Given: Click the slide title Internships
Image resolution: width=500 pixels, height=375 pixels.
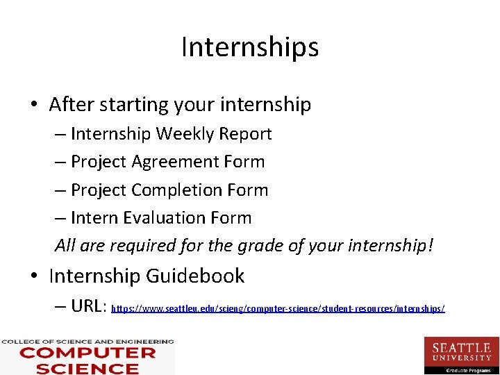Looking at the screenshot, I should click(250, 47).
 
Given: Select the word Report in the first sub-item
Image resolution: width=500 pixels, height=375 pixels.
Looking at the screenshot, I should click(248, 133).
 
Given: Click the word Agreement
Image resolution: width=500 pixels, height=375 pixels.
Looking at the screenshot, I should click(167, 162).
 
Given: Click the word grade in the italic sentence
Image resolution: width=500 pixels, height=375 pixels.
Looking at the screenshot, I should click(258, 246).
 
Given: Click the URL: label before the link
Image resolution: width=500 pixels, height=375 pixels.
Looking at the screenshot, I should click(88, 306).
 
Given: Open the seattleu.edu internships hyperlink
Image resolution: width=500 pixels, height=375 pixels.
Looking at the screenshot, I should click(278, 308).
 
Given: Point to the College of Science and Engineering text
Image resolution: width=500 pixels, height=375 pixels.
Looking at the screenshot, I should click(87, 342).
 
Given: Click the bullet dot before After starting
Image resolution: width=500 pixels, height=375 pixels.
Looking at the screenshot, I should click(34, 106).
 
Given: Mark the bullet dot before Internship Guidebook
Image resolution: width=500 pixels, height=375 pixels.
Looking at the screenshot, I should click(34, 276).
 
